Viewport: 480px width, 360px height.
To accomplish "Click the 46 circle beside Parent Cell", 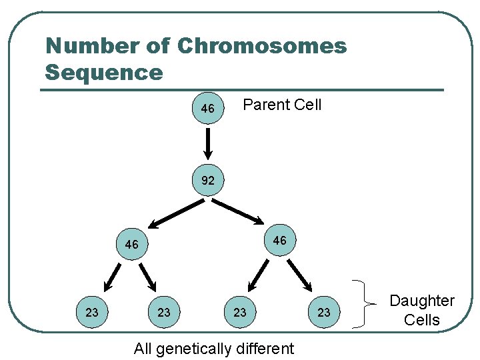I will pyautogui.click(x=208, y=108).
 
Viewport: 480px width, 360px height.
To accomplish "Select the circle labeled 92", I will pyautogui.click(x=208, y=180).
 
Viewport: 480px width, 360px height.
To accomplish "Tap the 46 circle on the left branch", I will pyautogui.click(x=132, y=245).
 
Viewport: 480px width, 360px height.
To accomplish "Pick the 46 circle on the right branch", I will pyautogui.click(x=280, y=240).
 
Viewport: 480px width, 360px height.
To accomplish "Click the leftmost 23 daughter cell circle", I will pyautogui.click(x=93, y=312).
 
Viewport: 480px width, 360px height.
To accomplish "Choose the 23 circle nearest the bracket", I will pyautogui.click(x=323, y=312).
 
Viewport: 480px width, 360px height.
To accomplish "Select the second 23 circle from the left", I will pyautogui.click(x=164, y=312).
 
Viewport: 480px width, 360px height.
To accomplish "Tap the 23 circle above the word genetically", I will pyautogui.click(x=240, y=312).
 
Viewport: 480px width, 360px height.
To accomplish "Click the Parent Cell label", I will pyautogui.click(x=282, y=105).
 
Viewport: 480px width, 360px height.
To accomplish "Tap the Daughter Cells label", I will pyautogui.click(x=422, y=310).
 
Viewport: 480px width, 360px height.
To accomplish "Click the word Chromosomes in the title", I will pyautogui.click(x=262, y=46).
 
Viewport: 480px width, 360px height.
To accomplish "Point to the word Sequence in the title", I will pyautogui.click(x=104, y=72).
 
